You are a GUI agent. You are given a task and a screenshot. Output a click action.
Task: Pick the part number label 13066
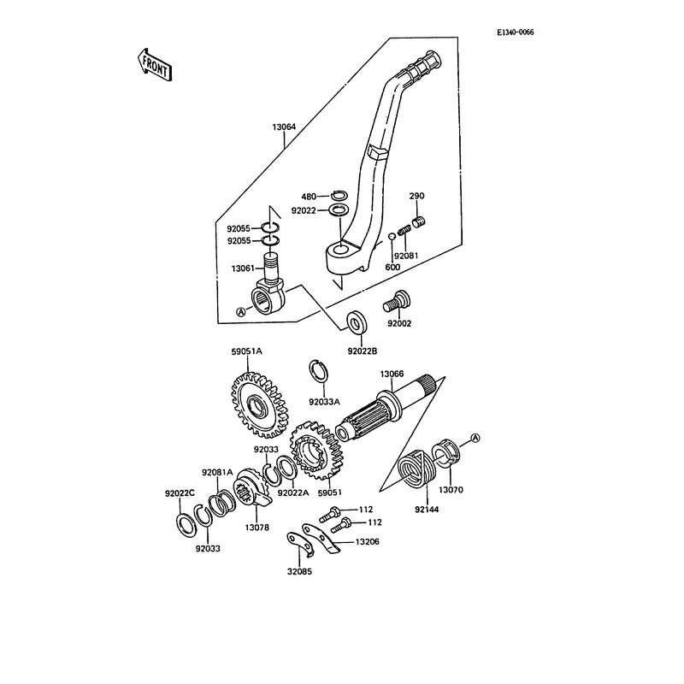[x=392, y=374]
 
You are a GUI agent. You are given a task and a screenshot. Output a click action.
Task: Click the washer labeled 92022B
[x=356, y=323]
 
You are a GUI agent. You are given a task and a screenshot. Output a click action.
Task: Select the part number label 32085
[x=300, y=572]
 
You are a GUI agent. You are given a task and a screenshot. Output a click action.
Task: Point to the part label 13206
[x=368, y=541]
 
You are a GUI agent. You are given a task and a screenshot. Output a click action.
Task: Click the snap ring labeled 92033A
[x=319, y=369]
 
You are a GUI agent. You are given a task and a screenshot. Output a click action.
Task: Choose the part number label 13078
[x=257, y=528]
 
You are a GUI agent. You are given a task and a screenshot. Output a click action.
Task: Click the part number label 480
[x=308, y=195]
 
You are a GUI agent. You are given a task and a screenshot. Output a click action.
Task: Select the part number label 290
[x=417, y=195]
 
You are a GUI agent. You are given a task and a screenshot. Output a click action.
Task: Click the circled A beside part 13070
[x=475, y=438]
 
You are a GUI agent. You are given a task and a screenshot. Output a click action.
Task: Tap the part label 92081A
[x=217, y=472]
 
